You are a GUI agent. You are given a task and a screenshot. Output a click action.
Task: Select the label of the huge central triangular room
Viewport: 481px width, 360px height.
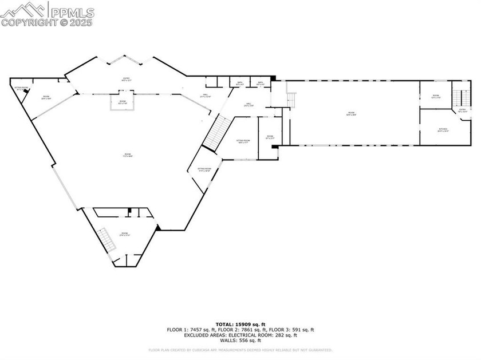pyautogui.click(x=128, y=156)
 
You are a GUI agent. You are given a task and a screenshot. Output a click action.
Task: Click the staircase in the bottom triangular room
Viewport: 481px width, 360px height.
pyautogui.click(x=104, y=238)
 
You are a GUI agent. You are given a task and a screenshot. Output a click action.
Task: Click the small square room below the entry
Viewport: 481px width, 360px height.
pyautogui.click(x=123, y=102)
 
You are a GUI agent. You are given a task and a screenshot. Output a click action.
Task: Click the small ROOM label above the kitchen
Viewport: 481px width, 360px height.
pyautogui.click(x=436, y=96)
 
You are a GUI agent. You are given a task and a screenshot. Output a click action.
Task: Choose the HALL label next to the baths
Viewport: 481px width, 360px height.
pyautogui.click(x=204, y=96)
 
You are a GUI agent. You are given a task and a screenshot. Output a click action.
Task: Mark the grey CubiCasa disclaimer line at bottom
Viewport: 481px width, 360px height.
pyautogui.click(x=240, y=350)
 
